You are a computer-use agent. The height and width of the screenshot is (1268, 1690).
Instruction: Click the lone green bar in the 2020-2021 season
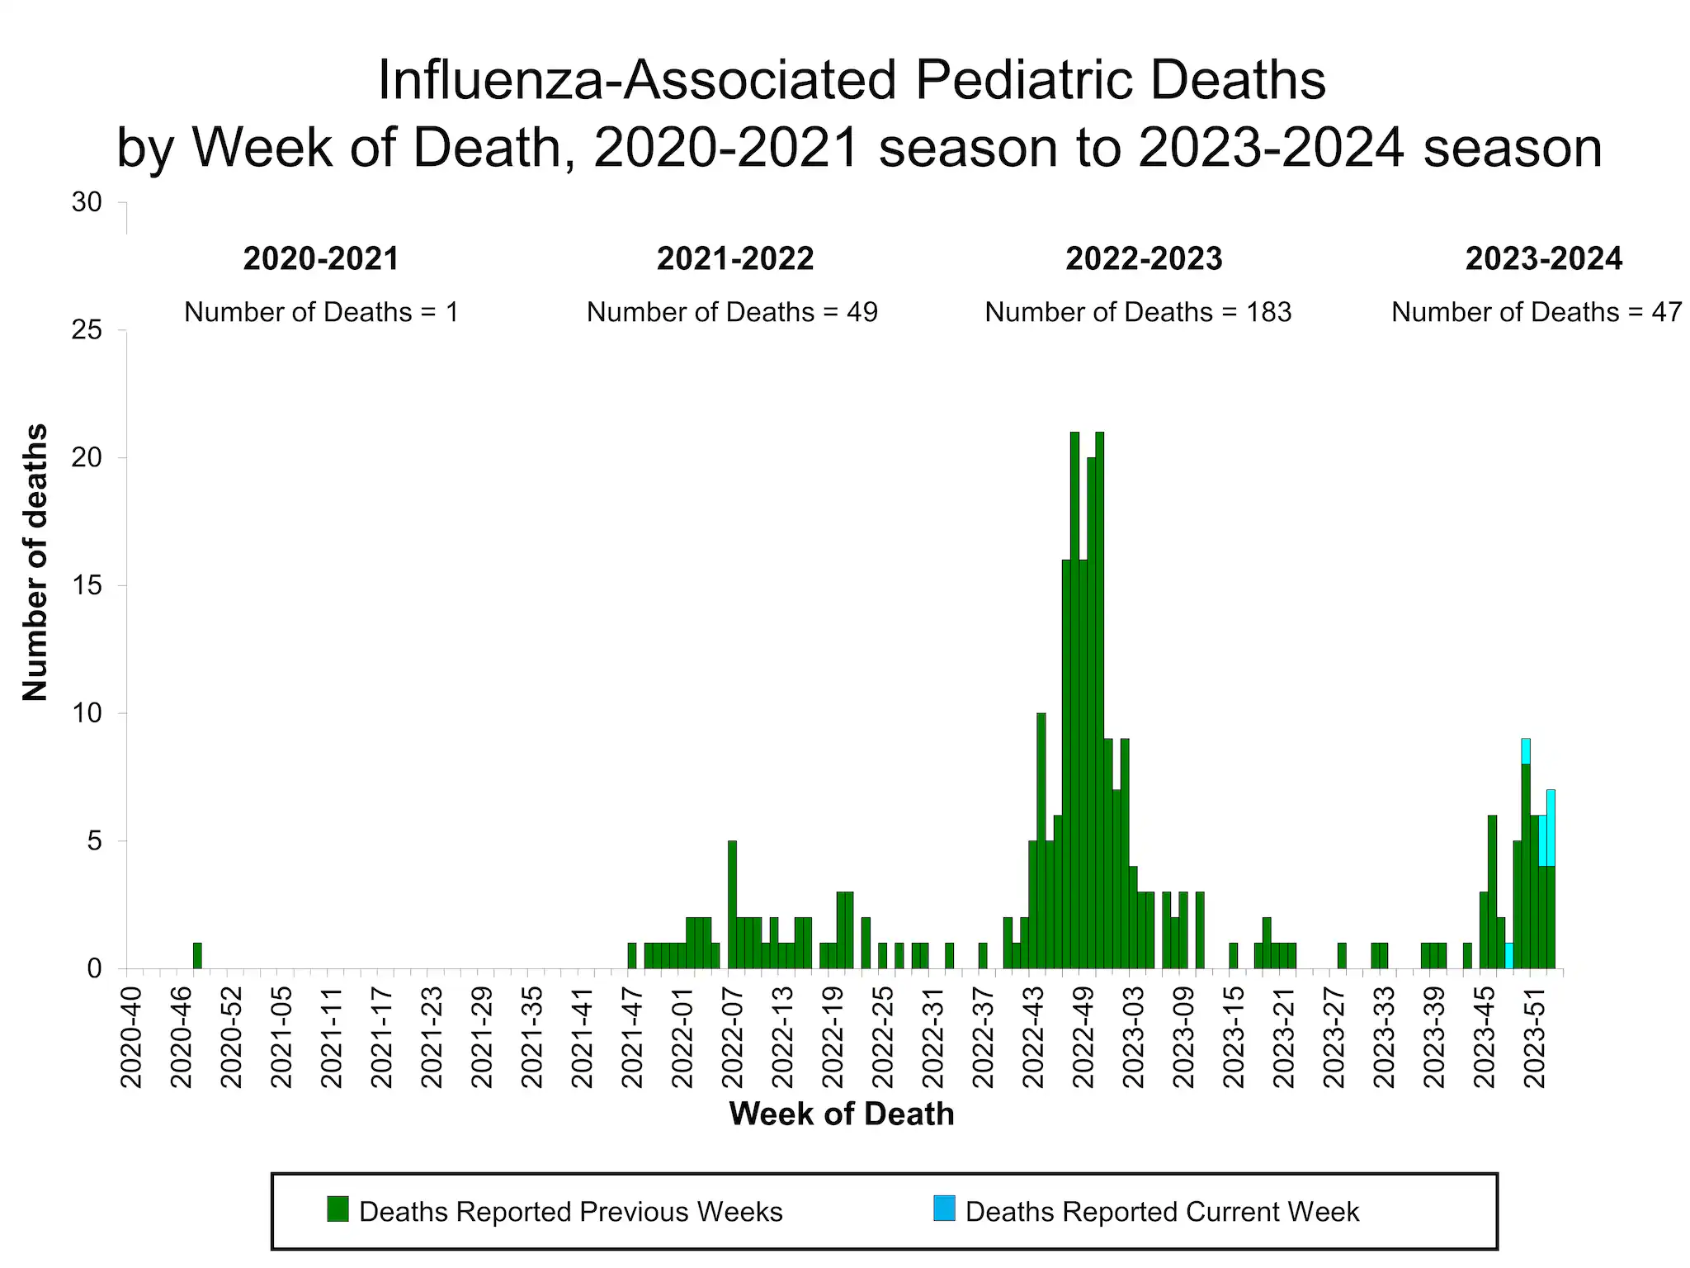tap(197, 955)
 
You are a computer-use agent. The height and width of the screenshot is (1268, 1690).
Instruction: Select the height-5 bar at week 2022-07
tap(732, 904)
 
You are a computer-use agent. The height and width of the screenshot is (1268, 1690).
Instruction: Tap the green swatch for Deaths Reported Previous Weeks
tap(338, 1209)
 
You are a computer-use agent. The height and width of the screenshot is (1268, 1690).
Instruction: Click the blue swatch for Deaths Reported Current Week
tap(944, 1209)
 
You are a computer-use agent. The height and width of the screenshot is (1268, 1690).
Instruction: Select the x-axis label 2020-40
tap(132, 1036)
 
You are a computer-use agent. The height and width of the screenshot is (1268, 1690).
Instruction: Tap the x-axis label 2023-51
tap(1535, 1036)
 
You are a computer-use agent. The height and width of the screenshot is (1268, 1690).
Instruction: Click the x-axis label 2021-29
tap(483, 1036)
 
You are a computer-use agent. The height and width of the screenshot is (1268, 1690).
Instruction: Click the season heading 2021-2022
tap(734, 259)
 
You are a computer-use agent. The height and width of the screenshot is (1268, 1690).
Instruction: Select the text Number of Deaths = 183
tap(1138, 312)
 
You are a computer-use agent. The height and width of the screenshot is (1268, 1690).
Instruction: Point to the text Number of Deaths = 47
tap(1537, 312)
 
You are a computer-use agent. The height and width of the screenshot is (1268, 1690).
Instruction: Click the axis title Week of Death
tap(841, 1114)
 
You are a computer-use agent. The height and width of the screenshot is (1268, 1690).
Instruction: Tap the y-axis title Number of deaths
tap(35, 562)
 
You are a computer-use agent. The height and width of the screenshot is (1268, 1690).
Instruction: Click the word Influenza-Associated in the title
tap(635, 80)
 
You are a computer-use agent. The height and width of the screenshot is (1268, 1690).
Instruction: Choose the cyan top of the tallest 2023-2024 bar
tap(1526, 751)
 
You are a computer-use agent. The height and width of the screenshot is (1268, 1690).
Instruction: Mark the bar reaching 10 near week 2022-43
tap(1041, 840)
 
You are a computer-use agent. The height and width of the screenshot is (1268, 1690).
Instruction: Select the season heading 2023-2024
tap(1543, 259)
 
